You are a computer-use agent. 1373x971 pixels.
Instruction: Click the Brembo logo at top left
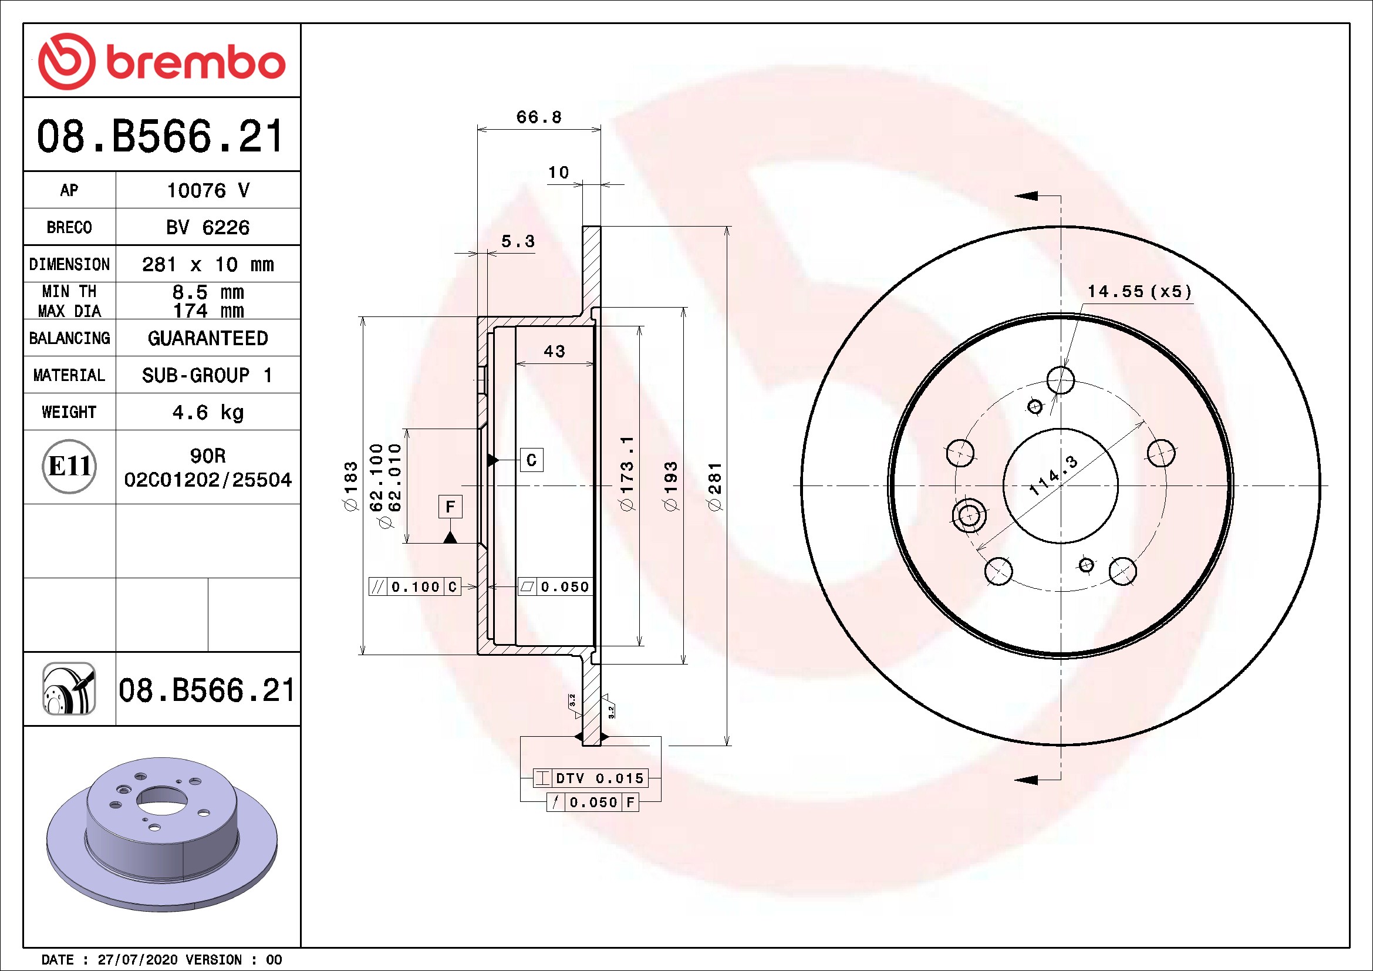pos(161,61)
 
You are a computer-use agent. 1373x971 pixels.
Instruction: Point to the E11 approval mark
pos(69,466)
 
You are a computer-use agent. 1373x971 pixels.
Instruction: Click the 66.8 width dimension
pos(539,117)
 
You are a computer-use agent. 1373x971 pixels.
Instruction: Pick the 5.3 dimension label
pos(518,241)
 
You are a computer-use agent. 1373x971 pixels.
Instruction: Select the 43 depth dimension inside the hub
pos(554,351)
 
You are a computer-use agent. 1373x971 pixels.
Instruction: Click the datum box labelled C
pos(532,460)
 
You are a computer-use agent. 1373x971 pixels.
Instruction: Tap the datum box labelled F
pos(450,507)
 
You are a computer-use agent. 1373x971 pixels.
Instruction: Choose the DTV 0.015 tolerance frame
pos(590,778)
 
